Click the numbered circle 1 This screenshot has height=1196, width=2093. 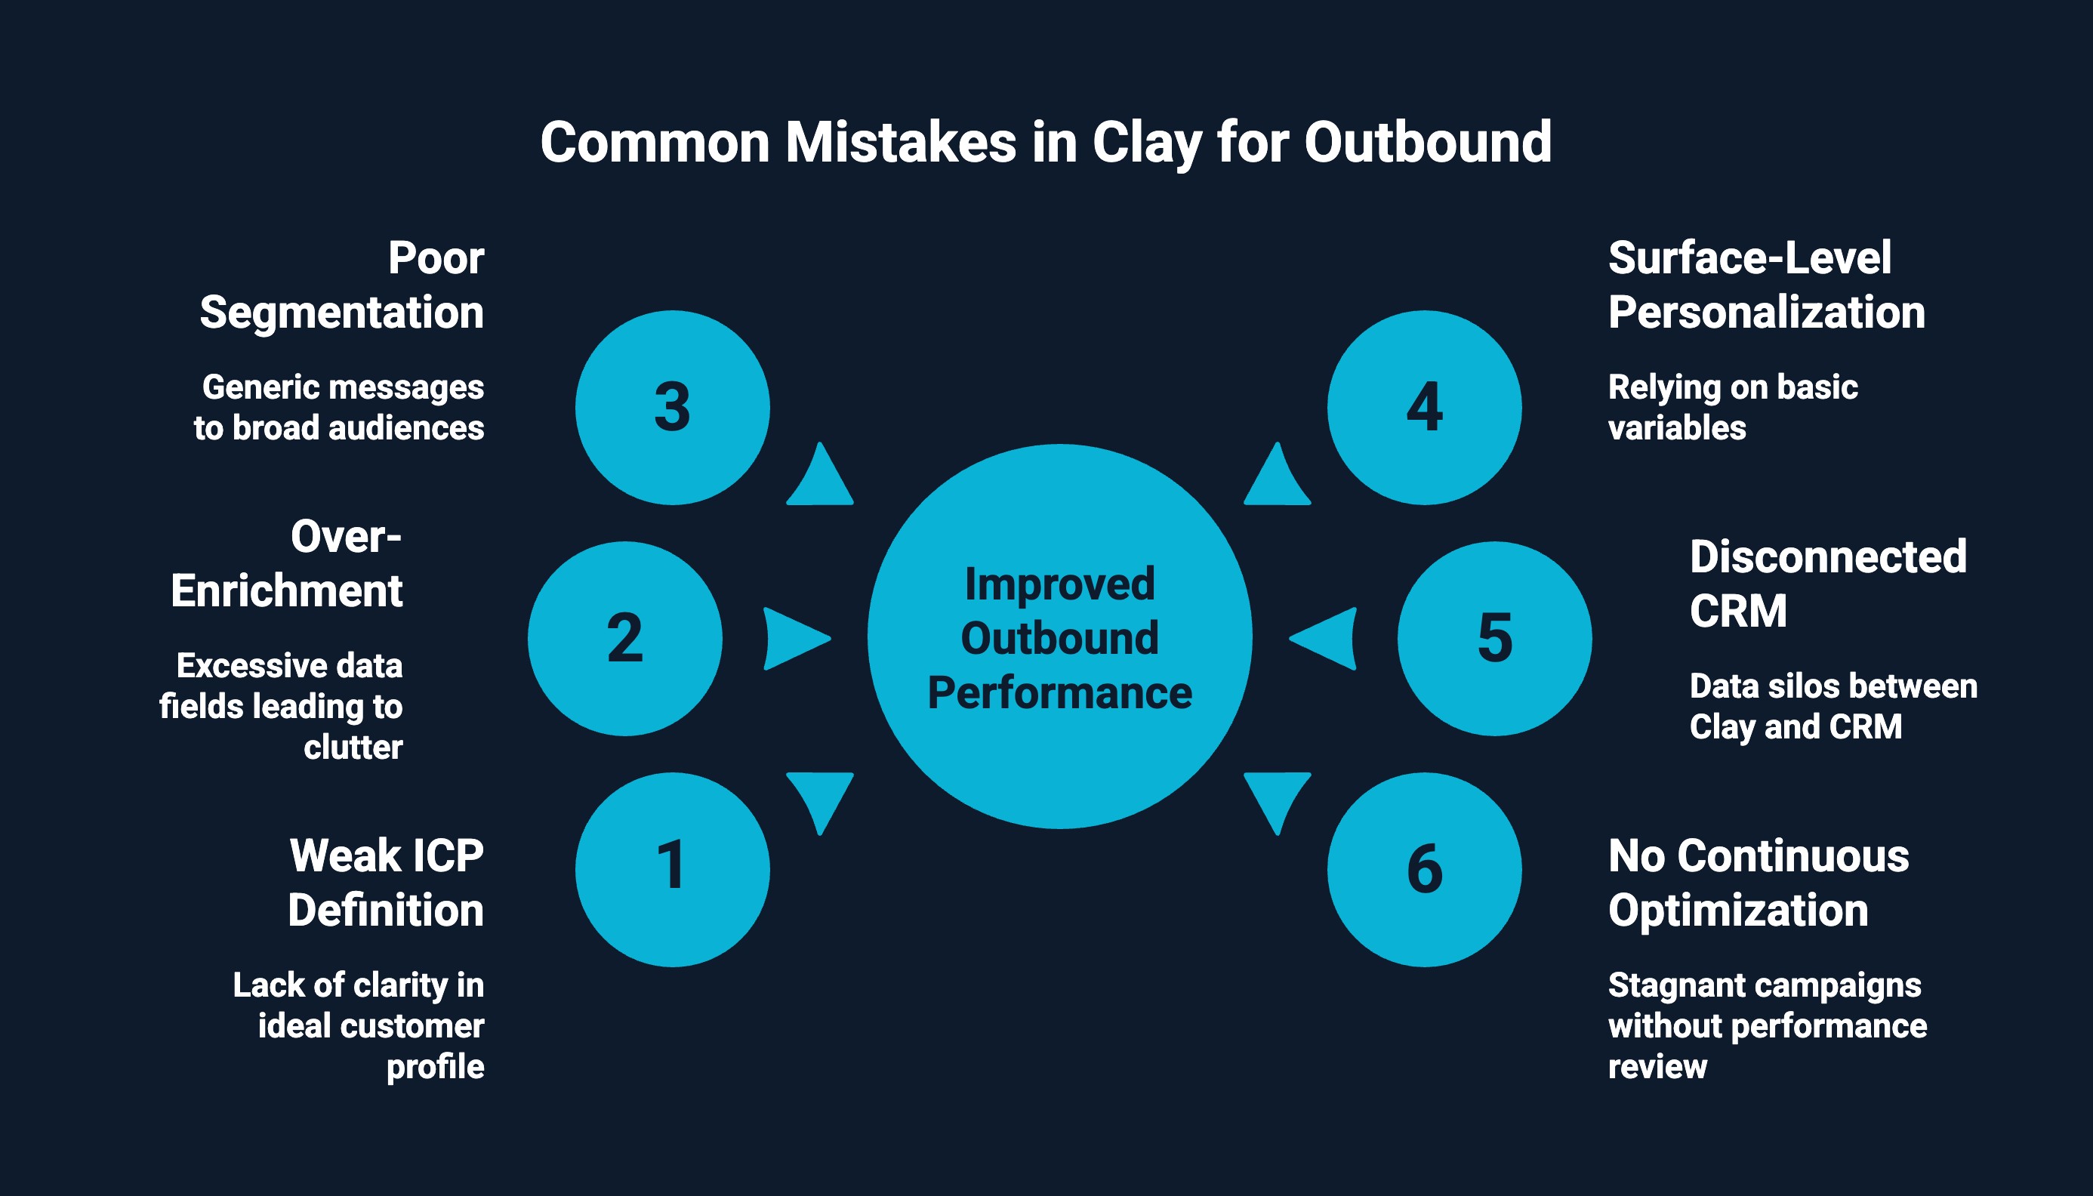click(672, 869)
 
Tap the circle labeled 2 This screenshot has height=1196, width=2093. click(624, 638)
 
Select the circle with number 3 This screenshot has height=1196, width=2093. click(672, 408)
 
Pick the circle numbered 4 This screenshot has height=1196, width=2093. click(1424, 408)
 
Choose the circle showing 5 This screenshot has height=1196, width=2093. click(1494, 638)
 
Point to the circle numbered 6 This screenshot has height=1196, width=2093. click(1424, 869)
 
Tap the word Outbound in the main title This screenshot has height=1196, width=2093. click(1428, 142)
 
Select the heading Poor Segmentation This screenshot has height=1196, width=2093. click(342, 285)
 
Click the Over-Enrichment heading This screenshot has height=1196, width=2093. click(288, 563)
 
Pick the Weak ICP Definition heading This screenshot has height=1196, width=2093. click(385, 883)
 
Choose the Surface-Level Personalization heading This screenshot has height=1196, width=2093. click(1766, 285)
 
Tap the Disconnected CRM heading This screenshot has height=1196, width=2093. click(1828, 584)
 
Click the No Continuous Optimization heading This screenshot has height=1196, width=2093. click(1758, 883)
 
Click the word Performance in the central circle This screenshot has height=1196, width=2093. click(1059, 692)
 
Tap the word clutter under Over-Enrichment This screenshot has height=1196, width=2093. click(353, 747)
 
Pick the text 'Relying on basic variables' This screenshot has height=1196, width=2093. click(1732, 408)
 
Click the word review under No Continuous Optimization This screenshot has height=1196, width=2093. click(1657, 1066)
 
